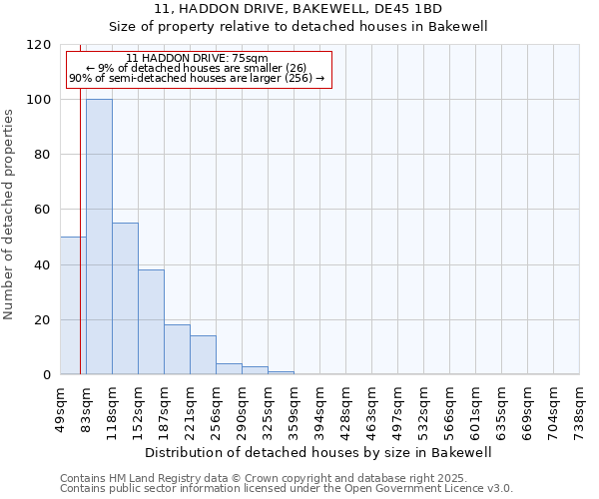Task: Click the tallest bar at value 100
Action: [x=99, y=237]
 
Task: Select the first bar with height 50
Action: [x=72, y=305]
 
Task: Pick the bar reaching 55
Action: [x=125, y=298]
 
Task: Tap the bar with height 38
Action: [x=151, y=322]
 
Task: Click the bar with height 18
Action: [x=177, y=349]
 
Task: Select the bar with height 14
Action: [x=203, y=355]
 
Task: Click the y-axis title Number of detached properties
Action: [x=10, y=215]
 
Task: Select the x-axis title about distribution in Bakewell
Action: [x=318, y=452]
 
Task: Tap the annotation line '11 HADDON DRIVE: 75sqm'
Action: [x=197, y=59]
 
